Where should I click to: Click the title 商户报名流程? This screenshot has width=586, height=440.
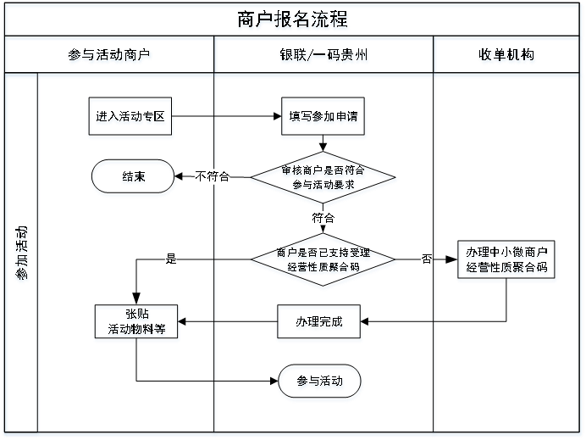(293, 20)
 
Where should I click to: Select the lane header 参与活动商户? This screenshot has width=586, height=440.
(110, 56)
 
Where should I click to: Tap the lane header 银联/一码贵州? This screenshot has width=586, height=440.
(323, 56)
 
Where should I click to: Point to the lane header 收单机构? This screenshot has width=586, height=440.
(506, 56)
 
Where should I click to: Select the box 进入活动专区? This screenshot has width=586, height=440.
(130, 118)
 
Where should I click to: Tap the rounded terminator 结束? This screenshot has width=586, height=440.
(133, 178)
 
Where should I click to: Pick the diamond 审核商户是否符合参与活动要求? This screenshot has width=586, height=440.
(323, 178)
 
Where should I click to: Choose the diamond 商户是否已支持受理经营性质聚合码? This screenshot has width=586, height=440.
(323, 259)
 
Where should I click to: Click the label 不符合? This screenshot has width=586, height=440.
(212, 177)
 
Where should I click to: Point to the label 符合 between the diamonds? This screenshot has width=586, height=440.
(323, 218)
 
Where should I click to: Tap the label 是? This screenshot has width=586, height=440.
(171, 259)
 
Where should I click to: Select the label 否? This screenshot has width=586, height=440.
(426, 259)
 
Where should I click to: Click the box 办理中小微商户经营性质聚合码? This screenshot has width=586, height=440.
(506, 261)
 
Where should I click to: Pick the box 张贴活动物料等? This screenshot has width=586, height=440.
(137, 322)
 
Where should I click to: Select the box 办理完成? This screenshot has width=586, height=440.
(319, 323)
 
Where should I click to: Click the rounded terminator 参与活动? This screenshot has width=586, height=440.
(320, 382)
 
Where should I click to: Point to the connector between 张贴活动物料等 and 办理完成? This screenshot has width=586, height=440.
(229, 323)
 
